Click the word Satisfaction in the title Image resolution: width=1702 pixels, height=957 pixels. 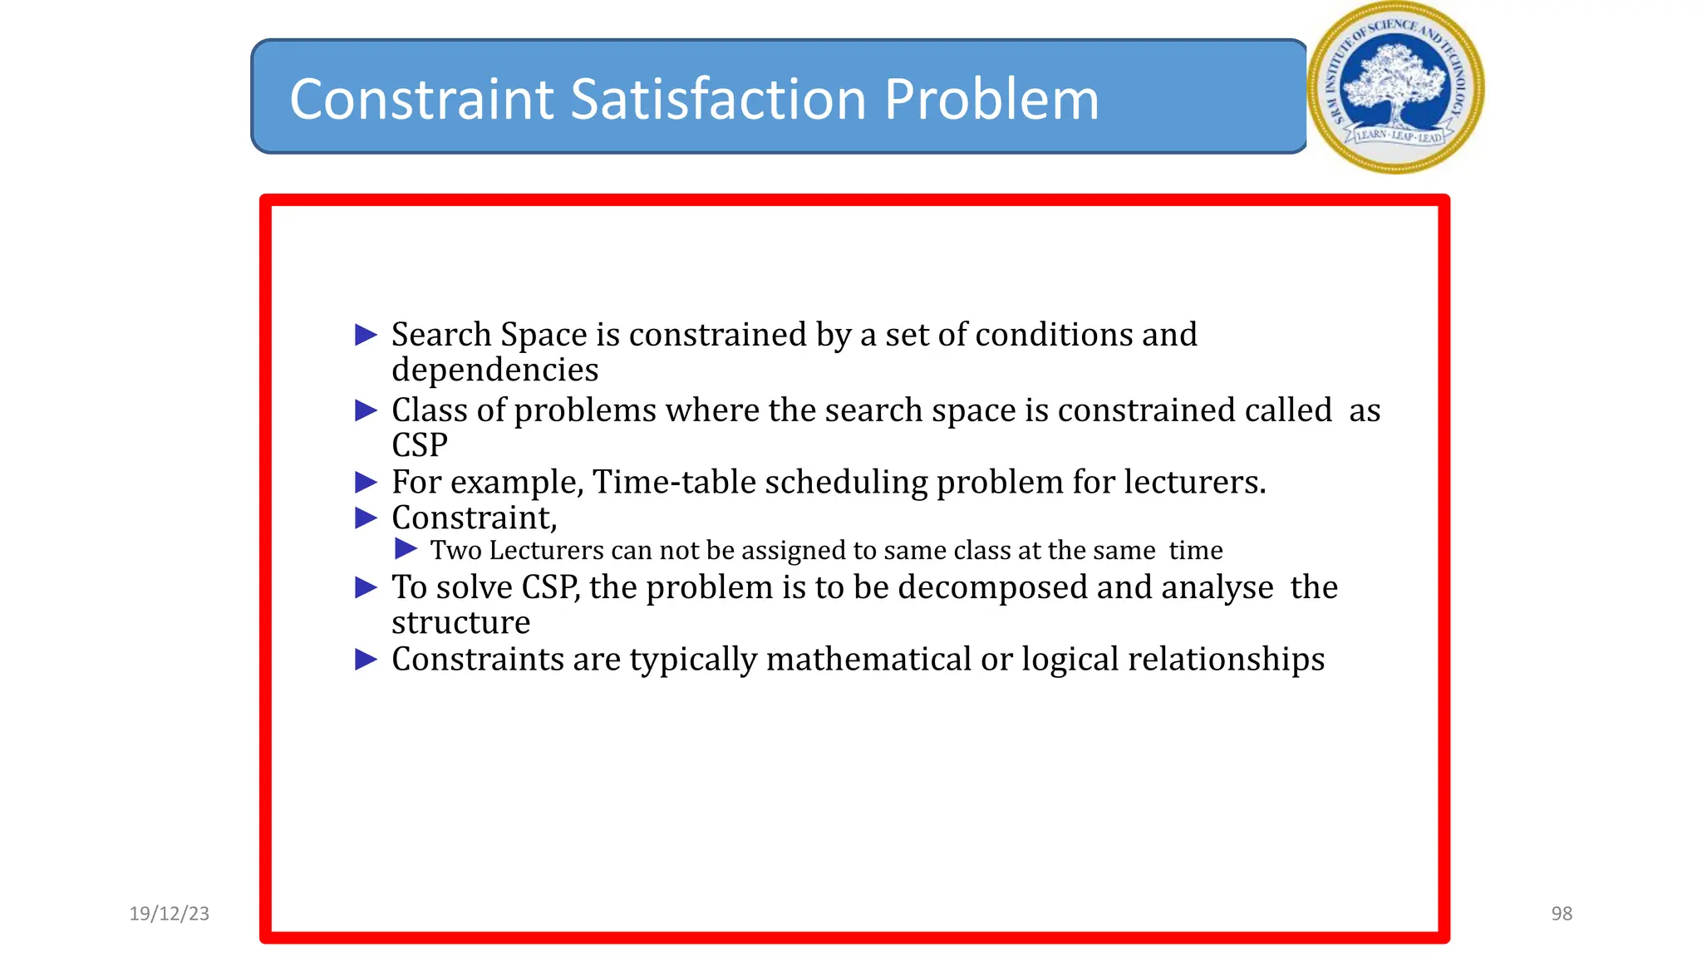(x=721, y=100)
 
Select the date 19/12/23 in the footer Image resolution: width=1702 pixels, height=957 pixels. (x=170, y=914)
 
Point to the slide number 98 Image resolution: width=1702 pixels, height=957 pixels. (x=1562, y=914)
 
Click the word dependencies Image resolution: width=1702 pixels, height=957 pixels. (x=494, y=371)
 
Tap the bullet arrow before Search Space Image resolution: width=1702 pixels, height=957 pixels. (x=366, y=335)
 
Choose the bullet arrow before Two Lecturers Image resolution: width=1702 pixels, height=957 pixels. (x=406, y=549)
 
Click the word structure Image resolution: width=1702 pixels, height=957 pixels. (x=460, y=623)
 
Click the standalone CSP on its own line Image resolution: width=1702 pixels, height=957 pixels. (x=420, y=446)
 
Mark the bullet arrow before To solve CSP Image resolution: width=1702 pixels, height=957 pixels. (x=366, y=587)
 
